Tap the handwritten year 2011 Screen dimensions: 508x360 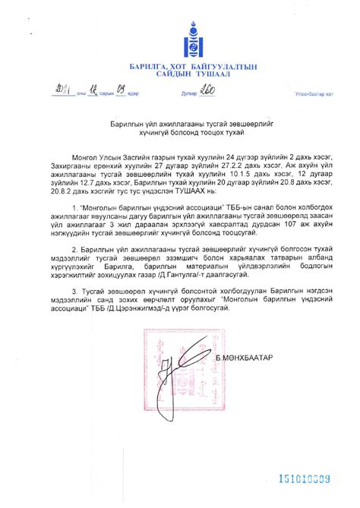pos(58,93)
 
